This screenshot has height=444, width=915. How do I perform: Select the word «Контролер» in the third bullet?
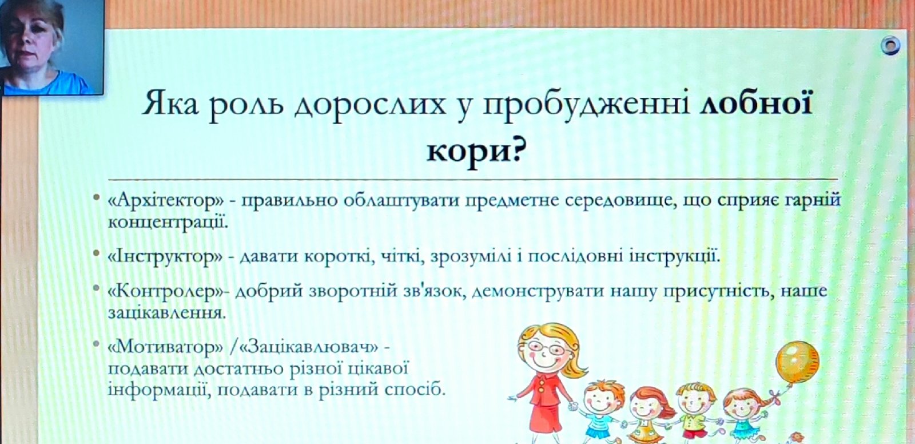[x=167, y=291]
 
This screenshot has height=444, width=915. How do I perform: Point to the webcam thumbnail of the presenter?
[x=51, y=47]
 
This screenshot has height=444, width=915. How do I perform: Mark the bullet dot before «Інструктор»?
[x=97, y=254]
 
